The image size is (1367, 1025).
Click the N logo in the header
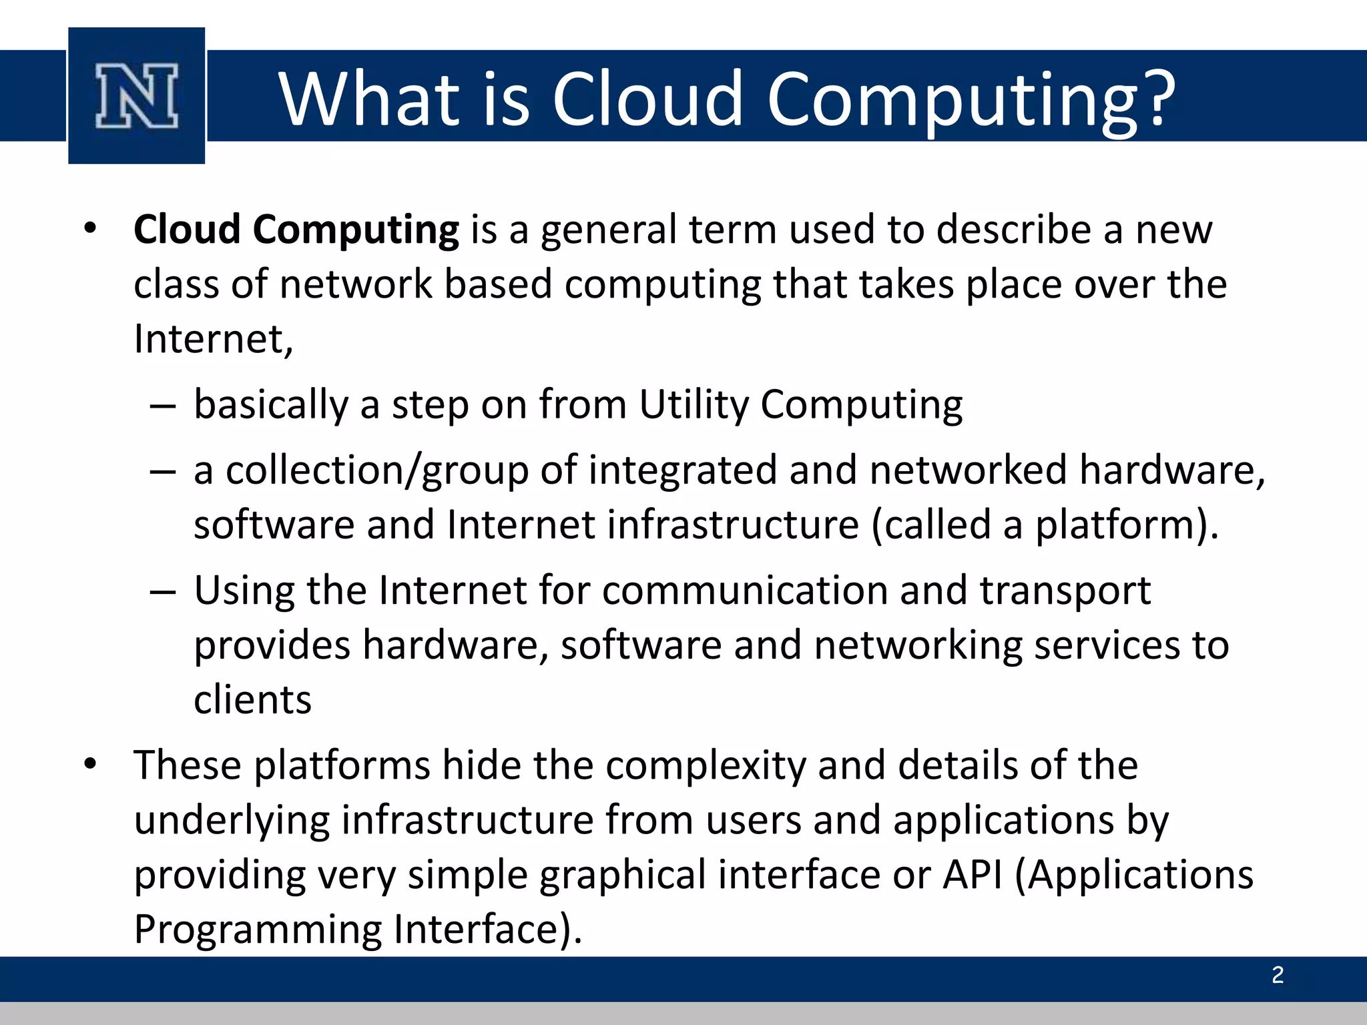pos(137,96)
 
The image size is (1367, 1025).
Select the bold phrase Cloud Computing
pos(296,230)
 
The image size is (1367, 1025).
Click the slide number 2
pos(1278,976)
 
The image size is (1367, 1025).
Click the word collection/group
pos(376,470)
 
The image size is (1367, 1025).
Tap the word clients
pos(252,700)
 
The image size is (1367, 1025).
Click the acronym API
pos(973,875)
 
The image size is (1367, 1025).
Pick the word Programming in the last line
pos(258,930)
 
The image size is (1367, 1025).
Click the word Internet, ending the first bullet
pos(213,340)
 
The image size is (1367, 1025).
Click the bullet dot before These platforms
pos(91,763)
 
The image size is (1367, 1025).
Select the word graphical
pos(622,876)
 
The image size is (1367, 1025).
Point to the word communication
pos(745,591)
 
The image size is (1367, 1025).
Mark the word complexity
pos(705,766)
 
